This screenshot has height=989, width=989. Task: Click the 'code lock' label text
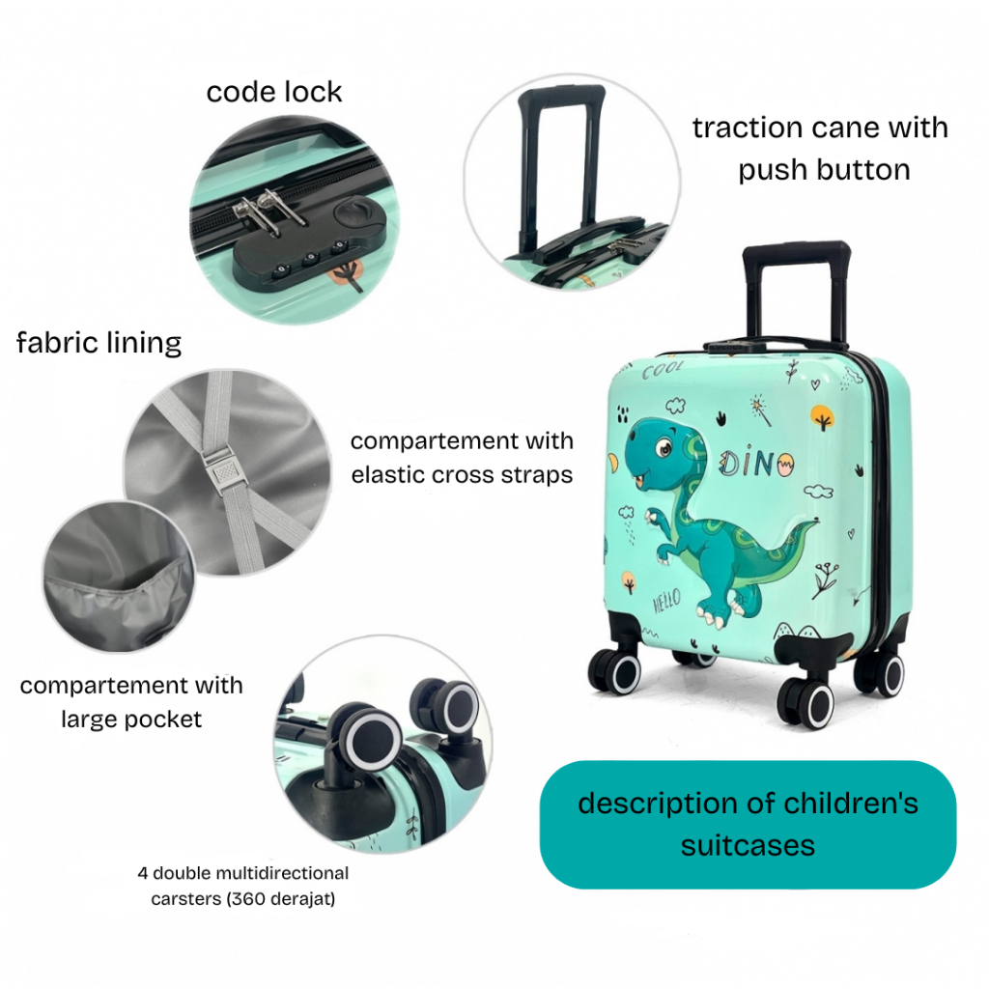274,92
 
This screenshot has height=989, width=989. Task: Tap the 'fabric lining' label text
99,342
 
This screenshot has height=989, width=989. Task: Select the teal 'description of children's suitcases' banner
748,824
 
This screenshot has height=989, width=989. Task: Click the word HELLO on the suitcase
666,602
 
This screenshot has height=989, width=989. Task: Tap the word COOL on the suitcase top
664,368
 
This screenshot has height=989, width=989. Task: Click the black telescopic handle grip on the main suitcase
797,254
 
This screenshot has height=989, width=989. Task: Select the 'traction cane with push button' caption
821,148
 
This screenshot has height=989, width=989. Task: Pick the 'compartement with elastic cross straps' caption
462,458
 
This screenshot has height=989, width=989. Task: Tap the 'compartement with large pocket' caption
131,702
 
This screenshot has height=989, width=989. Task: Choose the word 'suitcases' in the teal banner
748,846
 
